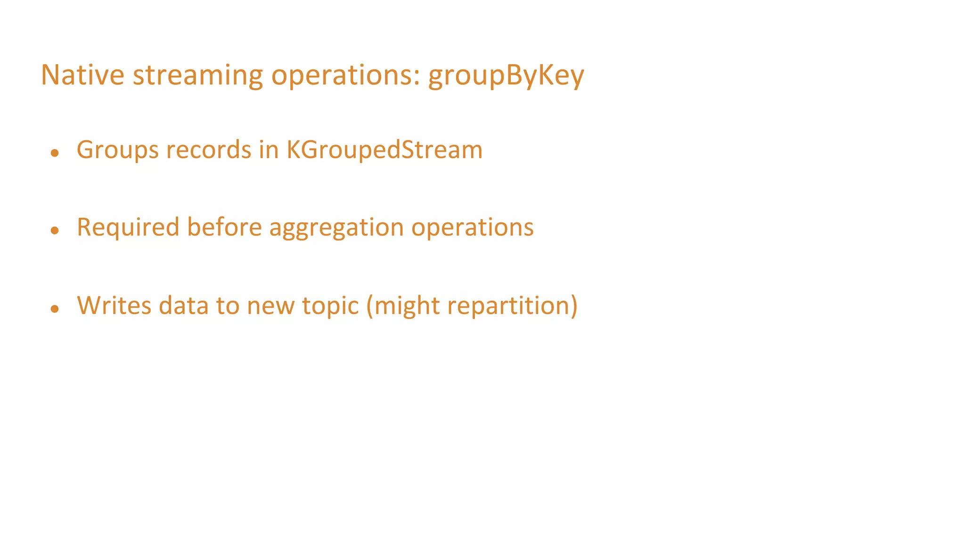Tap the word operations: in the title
pos(345,75)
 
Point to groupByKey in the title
pos(506,75)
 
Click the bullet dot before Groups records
pos(55,153)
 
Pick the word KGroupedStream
pos(384,150)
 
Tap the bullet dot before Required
pos(55,230)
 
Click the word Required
pos(128,228)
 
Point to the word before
pos(224,227)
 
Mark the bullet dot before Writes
pos(55,309)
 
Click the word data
pos(183,305)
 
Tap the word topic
pos(330,306)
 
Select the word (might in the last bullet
pos(403,306)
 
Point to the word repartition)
pos(512,306)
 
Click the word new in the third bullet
pos(270,306)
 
